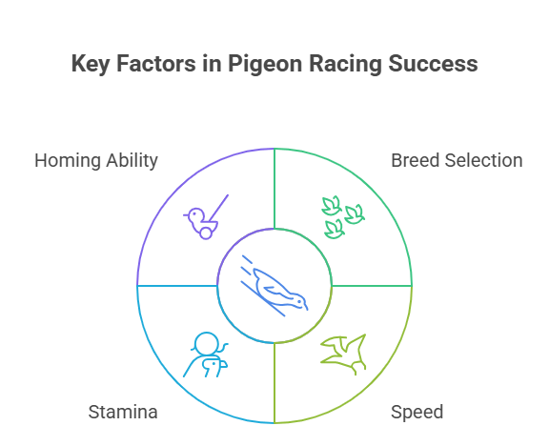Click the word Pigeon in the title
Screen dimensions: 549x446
(265, 65)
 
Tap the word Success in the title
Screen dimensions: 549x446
(433, 64)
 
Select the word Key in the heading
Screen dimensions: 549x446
(91, 65)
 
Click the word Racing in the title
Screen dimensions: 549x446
(345, 65)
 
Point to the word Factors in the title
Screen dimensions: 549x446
(155, 64)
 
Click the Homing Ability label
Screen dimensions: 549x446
(96, 161)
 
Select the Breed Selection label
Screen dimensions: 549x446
(457, 161)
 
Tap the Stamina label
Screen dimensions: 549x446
(123, 412)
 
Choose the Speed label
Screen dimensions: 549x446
(417, 413)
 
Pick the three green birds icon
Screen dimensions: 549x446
(343, 217)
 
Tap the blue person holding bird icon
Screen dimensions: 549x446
(206, 355)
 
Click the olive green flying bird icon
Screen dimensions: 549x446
(343, 355)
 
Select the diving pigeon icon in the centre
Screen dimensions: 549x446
(274, 286)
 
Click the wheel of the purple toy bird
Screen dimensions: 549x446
(206, 233)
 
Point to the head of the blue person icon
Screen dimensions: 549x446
(207, 344)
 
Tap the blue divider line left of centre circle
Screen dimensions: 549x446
(177, 286)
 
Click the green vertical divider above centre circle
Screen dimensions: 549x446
(274, 189)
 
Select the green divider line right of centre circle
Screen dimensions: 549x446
(372, 286)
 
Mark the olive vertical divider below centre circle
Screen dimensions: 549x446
(274, 383)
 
